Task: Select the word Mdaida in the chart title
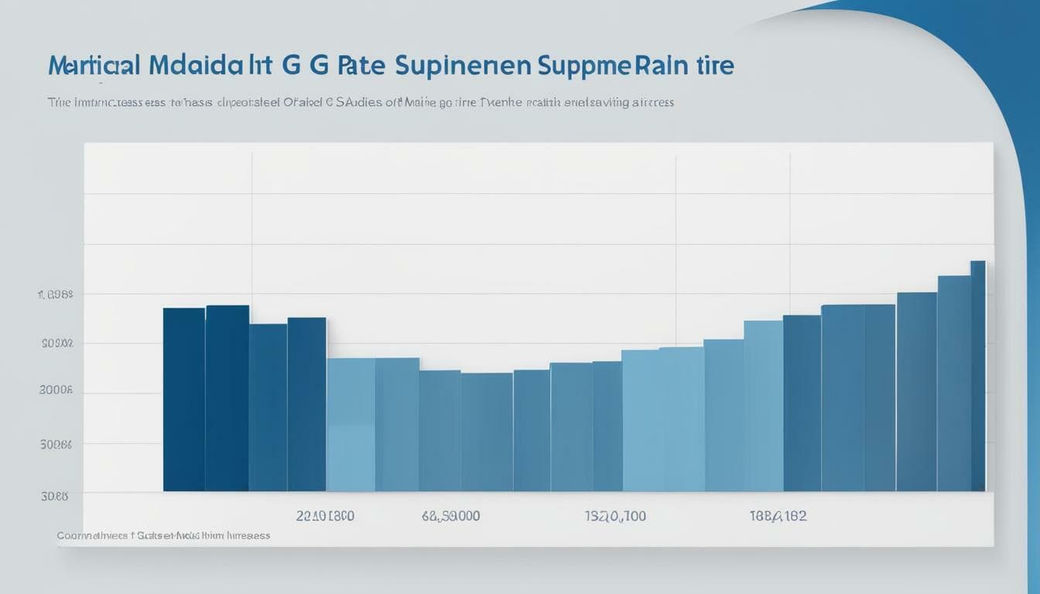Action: click(x=193, y=66)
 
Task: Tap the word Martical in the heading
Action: click(x=94, y=66)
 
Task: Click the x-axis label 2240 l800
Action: click(x=325, y=516)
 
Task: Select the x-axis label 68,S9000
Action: click(x=450, y=516)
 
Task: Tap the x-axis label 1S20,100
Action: click(x=614, y=516)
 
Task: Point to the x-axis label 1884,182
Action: click(x=777, y=516)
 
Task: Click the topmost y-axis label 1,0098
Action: click(x=55, y=295)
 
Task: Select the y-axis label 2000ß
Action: click(x=56, y=391)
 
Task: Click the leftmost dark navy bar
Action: click(x=183, y=399)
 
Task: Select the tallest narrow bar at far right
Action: click(x=978, y=376)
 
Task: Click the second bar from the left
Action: click(x=227, y=398)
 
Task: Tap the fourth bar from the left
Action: click(x=306, y=404)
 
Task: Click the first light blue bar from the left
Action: click(x=351, y=424)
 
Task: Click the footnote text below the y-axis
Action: click(x=163, y=535)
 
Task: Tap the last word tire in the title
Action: click(x=714, y=66)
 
